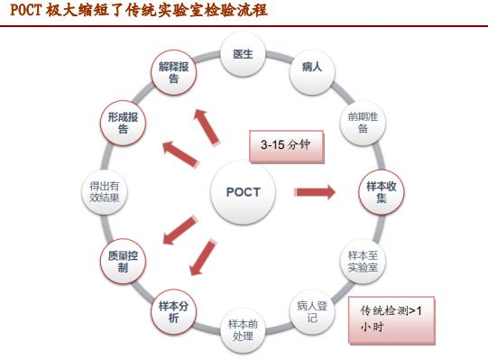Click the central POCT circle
tap(243, 191)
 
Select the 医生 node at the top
tap(243, 55)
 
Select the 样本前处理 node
tap(243, 329)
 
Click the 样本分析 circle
tap(174, 310)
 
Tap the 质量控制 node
tap(124, 262)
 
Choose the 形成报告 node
tap(124, 124)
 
